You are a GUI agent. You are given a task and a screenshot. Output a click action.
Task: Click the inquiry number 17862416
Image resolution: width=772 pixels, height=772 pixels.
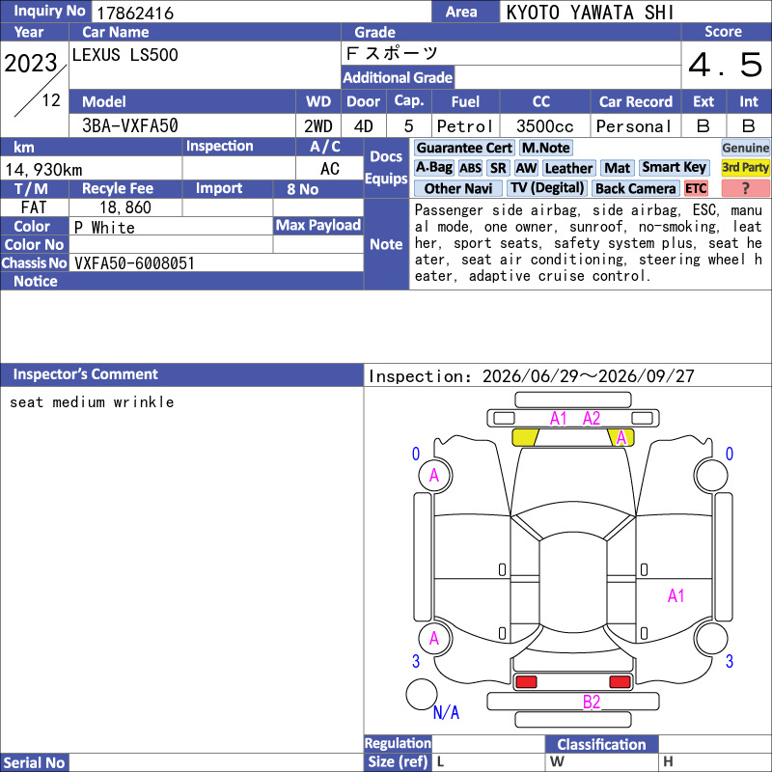(135, 13)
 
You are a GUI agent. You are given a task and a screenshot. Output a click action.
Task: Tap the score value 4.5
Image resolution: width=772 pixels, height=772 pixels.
(726, 65)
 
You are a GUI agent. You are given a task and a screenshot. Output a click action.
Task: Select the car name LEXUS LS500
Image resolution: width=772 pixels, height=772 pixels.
(125, 55)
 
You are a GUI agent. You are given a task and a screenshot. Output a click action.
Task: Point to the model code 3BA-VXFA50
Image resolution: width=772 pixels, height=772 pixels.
(130, 126)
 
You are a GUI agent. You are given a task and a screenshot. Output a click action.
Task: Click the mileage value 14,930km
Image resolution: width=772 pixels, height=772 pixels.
(43, 170)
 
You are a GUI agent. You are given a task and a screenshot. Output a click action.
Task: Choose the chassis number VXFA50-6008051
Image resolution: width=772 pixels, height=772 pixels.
(134, 263)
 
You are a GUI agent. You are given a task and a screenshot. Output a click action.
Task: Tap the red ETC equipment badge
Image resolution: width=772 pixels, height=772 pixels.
(696, 188)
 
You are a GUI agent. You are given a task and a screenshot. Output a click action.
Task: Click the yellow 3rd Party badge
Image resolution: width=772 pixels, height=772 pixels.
(745, 167)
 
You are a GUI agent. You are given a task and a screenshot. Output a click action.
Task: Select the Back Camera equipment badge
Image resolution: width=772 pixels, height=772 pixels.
(635, 188)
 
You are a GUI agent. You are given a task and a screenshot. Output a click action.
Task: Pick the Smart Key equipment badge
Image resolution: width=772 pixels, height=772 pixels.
(674, 167)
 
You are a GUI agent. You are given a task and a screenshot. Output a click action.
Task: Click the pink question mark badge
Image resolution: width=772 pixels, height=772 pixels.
(745, 188)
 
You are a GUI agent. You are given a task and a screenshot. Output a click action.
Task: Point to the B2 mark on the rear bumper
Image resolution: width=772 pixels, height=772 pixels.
(592, 702)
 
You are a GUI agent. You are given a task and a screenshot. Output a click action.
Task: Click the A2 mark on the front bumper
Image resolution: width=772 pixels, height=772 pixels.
(592, 419)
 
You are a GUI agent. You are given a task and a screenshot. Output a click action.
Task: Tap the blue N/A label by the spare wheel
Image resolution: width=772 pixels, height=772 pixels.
(446, 712)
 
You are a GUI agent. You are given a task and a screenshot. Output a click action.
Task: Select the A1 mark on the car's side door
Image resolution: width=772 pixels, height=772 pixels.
(676, 595)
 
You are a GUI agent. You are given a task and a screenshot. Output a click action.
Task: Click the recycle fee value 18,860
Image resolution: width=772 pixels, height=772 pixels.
(125, 207)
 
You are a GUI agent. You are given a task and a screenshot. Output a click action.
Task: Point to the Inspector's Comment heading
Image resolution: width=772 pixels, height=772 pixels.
(86, 374)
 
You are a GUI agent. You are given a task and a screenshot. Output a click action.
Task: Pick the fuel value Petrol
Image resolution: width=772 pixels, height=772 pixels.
(465, 126)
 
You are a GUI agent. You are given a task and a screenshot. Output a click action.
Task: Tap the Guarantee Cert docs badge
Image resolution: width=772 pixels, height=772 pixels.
(465, 148)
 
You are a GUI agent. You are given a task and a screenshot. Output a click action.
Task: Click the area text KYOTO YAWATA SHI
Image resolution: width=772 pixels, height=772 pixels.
(590, 13)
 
